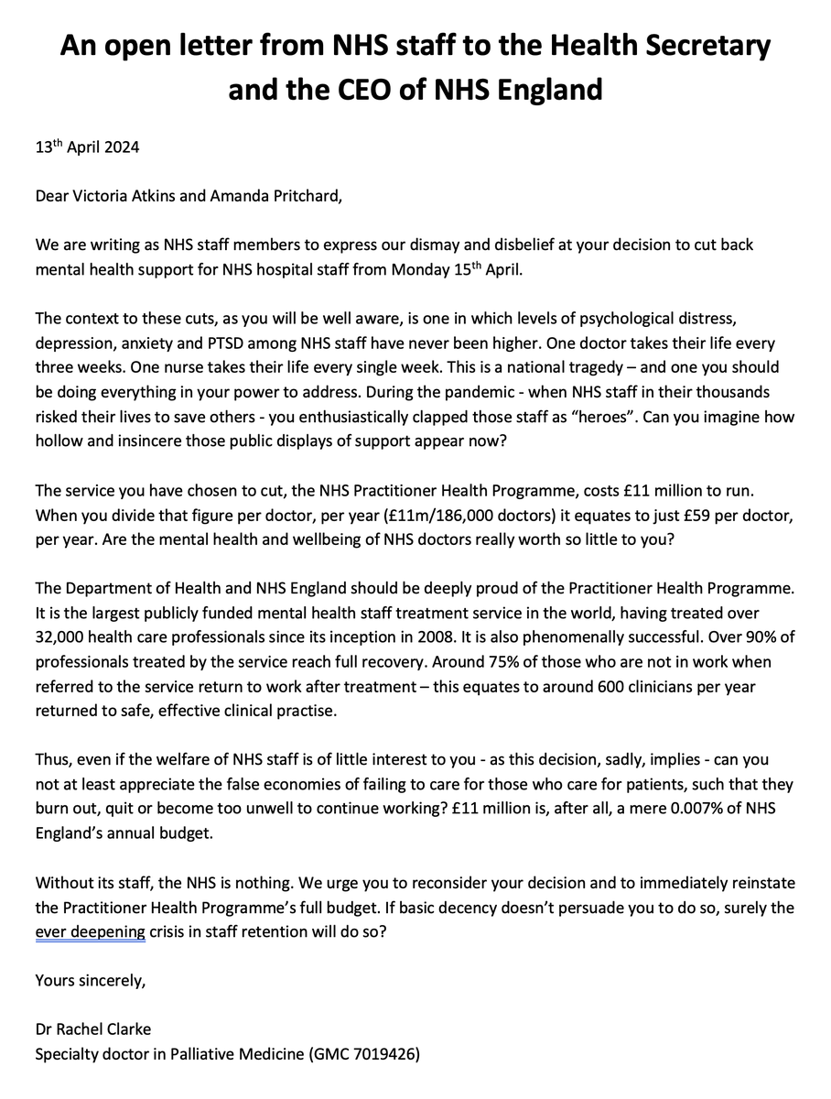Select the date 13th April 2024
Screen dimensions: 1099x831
point(87,147)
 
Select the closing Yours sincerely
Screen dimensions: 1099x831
point(90,980)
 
